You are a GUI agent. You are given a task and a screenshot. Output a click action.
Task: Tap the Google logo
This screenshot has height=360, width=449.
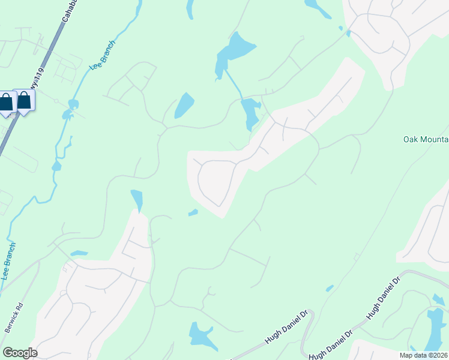20,353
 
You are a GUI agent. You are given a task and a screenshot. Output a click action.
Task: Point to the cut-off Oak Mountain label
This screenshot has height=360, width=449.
426,140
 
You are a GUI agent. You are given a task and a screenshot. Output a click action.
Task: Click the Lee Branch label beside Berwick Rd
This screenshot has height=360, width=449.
10,261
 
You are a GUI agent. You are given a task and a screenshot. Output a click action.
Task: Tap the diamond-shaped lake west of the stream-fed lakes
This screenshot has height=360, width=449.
184,106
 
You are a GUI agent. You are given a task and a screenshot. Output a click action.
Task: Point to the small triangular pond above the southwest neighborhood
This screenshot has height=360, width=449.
137,200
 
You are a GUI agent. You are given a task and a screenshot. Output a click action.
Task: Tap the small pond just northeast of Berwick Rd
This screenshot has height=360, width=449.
79,253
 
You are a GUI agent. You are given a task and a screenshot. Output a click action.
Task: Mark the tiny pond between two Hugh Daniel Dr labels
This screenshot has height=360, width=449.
330,289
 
